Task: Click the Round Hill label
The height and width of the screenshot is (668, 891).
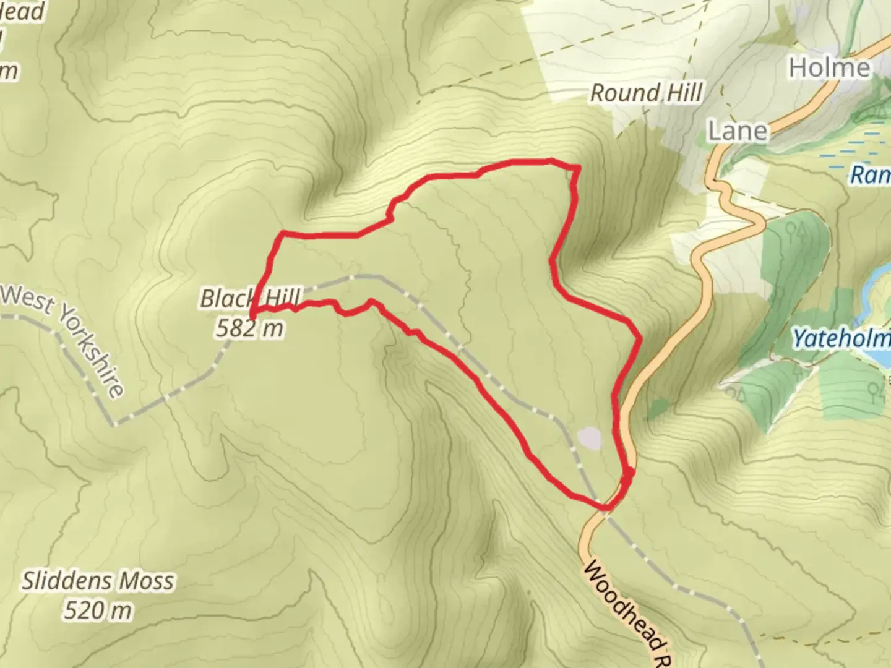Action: click(646, 93)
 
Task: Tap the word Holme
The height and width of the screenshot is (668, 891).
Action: click(829, 67)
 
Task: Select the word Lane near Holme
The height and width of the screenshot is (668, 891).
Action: click(738, 131)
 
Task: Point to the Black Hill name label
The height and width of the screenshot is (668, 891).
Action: click(250, 299)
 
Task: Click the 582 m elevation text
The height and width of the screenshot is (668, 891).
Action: click(250, 328)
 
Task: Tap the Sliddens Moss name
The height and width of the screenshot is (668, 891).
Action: click(98, 581)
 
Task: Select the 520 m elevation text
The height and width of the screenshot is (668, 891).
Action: click(98, 611)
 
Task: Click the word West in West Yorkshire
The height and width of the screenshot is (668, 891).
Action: click(28, 299)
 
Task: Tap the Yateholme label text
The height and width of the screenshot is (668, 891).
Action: click(841, 339)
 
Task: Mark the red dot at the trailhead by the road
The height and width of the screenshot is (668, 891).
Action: click(627, 475)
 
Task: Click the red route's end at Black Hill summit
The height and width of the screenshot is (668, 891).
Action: click(251, 317)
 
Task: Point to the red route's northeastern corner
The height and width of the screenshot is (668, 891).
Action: click(577, 167)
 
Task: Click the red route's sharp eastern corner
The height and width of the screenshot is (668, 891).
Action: click(639, 338)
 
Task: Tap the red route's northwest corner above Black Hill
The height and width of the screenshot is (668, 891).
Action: click(283, 234)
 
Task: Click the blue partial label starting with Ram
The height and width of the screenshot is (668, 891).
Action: click(869, 175)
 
